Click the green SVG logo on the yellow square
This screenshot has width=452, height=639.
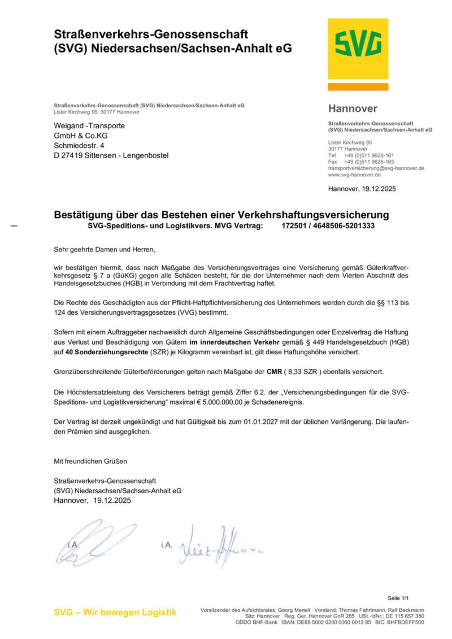(358, 45)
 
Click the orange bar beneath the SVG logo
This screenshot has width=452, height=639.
(358, 87)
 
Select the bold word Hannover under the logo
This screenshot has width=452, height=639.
(353, 108)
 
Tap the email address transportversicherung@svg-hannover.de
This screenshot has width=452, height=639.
(376, 168)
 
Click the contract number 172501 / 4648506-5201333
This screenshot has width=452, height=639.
(328, 226)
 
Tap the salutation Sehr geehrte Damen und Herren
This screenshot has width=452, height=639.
(104, 249)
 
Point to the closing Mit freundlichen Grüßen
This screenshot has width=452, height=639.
(90, 461)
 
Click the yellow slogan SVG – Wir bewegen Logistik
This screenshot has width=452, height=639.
(115, 612)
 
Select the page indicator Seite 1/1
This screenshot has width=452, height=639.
(398, 598)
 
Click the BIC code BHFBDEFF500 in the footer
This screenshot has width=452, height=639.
(405, 622)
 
